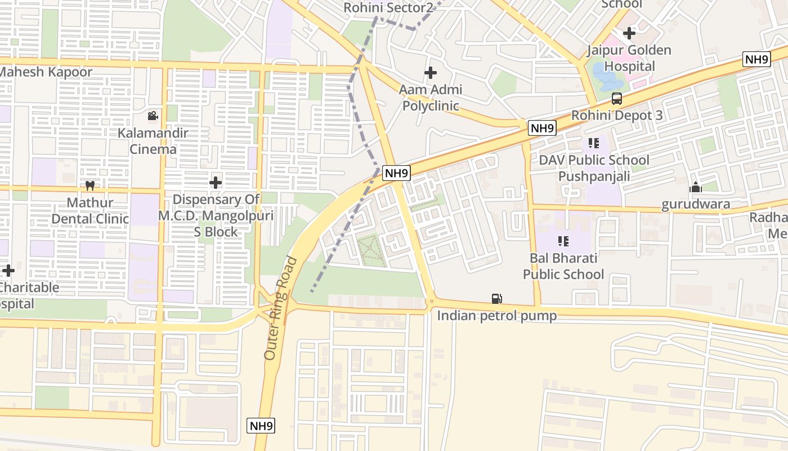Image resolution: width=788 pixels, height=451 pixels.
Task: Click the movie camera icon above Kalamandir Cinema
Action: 153,116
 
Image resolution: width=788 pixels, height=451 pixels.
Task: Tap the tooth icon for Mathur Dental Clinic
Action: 89,185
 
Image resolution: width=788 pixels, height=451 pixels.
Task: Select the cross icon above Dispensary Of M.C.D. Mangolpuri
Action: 216,183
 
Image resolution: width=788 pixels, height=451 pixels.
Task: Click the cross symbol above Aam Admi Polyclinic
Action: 431,73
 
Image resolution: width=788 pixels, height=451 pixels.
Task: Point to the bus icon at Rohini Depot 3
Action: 616,99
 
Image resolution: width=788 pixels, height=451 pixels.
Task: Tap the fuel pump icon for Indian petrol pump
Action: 496,299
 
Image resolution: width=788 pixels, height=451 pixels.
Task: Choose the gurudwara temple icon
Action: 696,187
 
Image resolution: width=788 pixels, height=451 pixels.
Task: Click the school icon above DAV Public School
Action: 593,143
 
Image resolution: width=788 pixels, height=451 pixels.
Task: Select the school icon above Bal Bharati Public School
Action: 563,241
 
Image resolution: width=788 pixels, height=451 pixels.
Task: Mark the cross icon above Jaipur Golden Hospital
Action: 629,33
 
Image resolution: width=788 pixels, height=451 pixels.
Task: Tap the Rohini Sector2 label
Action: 388,8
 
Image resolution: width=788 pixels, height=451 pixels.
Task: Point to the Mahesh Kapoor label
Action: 45,72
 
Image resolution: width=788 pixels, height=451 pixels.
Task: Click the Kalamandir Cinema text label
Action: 153,142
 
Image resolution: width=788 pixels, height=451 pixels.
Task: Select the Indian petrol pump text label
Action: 497,316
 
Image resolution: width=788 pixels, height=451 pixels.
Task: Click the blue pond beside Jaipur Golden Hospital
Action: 605,75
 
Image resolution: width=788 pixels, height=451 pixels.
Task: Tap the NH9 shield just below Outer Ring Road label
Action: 261,426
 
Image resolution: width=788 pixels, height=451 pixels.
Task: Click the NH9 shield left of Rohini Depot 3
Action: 543,129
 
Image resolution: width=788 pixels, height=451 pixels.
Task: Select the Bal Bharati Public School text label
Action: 563,266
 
